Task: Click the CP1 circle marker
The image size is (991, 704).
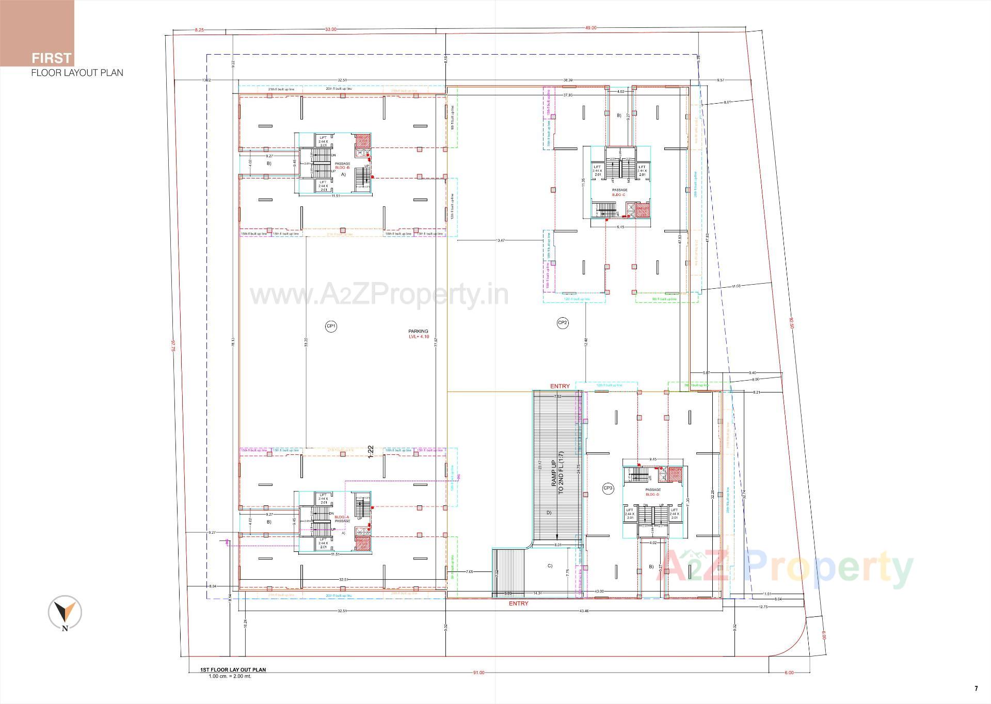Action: pos(331,326)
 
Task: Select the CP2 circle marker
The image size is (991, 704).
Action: pos(563,323)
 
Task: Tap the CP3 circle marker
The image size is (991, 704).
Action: pos(608,488)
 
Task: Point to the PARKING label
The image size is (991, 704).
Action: pos(418,332)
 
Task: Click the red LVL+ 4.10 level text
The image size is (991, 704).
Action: pos(419,337)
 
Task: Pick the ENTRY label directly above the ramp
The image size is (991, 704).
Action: pos(560,386)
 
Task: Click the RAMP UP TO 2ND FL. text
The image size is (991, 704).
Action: pos(557,477)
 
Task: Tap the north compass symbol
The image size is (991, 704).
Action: pos(65,613)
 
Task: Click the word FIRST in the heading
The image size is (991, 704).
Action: pos(51,58)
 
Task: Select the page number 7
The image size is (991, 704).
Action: pos(976,689)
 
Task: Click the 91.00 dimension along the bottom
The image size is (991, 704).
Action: pos(478,673)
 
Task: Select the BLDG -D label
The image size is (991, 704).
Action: pos(652,495)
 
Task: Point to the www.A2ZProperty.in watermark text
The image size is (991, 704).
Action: pos(379,295)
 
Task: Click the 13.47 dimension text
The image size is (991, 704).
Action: pos(500,240)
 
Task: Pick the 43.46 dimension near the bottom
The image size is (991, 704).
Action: pos(584,611)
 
